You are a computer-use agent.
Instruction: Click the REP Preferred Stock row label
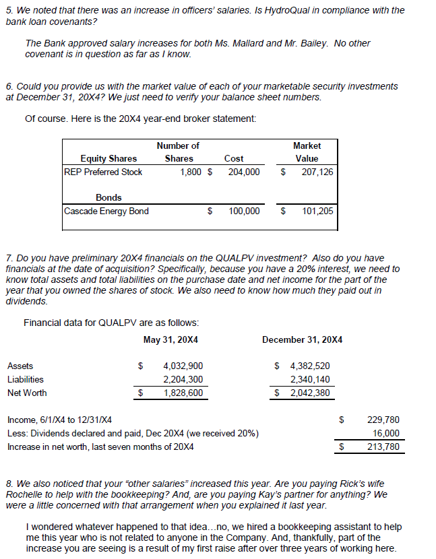point(103,172)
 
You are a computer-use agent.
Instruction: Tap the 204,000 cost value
point(243,172)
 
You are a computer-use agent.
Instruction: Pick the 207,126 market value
point(317,172)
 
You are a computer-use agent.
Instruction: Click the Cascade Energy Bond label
point(106,211)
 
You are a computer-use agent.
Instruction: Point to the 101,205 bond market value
point(317,211)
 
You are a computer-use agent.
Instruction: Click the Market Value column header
point(307,152)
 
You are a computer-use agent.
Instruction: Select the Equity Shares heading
point(108,158)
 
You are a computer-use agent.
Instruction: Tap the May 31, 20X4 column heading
point(171,339)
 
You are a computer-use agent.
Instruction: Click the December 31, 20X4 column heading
point(302,339)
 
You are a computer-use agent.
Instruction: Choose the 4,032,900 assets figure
point(183,366)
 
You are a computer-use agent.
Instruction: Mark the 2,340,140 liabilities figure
point(309,379)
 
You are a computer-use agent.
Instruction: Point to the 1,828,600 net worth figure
point(183,393)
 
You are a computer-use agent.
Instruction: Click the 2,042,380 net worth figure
point(309,393)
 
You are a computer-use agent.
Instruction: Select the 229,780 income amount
point(384,420)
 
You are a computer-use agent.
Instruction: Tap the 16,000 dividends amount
point(387,433)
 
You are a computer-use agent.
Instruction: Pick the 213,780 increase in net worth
point(384,447)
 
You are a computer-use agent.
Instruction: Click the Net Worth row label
point(27,393)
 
